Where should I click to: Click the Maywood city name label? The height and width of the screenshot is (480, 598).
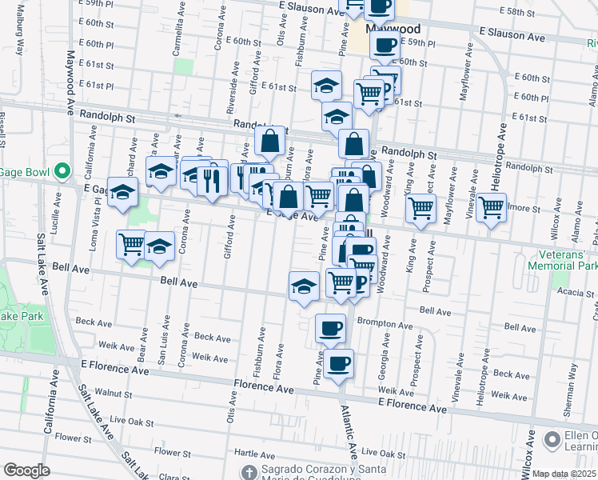[x=386, y=27]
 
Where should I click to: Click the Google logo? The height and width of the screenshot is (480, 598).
[x=26, y=470]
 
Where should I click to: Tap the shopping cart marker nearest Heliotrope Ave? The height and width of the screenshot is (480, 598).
[x=491, y=208]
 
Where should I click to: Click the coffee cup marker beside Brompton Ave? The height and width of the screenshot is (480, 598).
[x=330, y=327]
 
